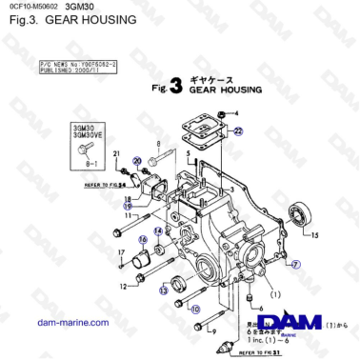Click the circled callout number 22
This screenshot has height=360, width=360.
click(x=238, y=135)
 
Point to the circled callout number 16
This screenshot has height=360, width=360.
click(x=144, y=240)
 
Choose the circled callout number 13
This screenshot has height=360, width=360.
click(x=164, y=290)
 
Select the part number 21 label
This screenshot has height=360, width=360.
click(x=116, y=153)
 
